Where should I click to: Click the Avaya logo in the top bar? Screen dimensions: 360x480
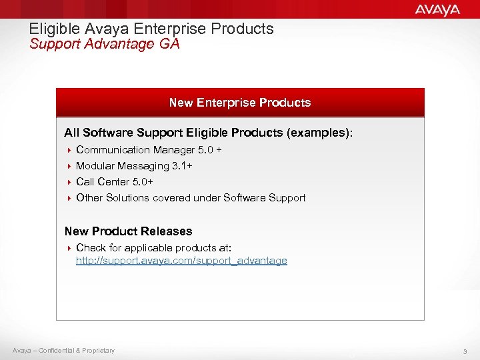pyautogui.click(x=437, y=9)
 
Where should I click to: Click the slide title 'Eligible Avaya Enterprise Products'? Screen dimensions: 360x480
pyautogui.click(x=151, y=29)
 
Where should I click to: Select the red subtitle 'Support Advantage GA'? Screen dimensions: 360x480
pyautogui.click(x=105, y=44)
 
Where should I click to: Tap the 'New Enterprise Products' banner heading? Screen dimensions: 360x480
pyautogui.click(x=240, y=103)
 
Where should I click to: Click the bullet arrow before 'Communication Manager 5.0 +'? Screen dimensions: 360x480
pyautogui.click(x=69, y=150)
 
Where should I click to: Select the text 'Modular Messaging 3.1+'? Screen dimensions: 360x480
pyautogui.click(x=134, y=166)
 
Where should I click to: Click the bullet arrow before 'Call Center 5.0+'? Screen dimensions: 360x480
pyautogui.click(x=69, y=182)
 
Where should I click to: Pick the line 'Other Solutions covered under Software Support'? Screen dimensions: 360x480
pyautogui.click(x=191, y=198)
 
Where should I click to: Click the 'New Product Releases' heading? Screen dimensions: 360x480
pyautogui.click(x=128, y=231)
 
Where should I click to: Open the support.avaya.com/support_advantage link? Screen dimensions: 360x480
pyautogui.click(x=181, y=261)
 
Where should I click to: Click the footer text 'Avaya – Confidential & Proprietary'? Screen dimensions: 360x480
pyautogui.click(x=63, y=351)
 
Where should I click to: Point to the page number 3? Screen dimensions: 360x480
pyautogui.click(x=465, y=351)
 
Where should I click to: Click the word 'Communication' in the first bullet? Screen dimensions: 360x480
pyautogui.click(x=113, y=150)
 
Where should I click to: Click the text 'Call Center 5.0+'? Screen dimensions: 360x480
pyautogui.click(x=115, y=182)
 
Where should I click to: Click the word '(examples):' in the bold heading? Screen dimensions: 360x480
pyautogui.click(x=319, y=133)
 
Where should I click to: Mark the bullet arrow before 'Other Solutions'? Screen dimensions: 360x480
pyautogui.click(x=69, y=198)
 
